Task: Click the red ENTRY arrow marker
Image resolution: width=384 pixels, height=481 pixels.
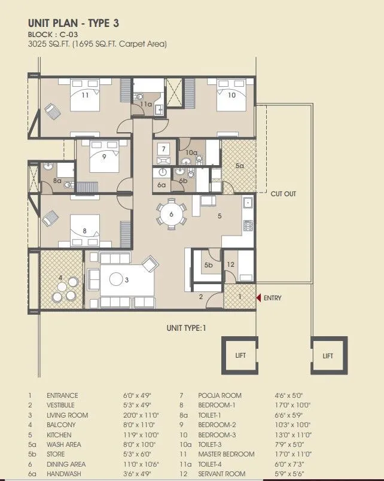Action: coord(258,297)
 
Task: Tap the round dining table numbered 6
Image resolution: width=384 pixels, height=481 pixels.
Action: coord(171,214)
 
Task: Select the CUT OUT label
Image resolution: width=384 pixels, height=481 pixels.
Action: coord(283,194)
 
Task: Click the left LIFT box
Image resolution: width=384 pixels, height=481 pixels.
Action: coord(240,355)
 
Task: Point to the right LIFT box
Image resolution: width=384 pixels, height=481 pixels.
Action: coord(328,355)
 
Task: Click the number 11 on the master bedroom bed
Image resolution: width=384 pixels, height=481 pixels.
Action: coord(85,95)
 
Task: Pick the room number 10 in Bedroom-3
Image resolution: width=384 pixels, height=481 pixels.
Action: coord(231,95)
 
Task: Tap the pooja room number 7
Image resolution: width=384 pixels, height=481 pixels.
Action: coord(163,148)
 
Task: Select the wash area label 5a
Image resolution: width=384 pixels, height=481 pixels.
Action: coord(239,166)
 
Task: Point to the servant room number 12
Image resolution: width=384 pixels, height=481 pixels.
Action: coord(231,264)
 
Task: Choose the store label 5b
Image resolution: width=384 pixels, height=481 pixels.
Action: coord(208,264)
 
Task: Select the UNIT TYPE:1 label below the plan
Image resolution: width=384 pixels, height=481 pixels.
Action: coord(186,328)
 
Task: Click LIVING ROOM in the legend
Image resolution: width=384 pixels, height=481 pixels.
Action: coord(67,415)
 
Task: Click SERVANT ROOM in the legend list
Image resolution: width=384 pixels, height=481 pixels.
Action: coord(220,474)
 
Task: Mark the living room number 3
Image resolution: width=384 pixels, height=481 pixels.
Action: coord(127,279)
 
